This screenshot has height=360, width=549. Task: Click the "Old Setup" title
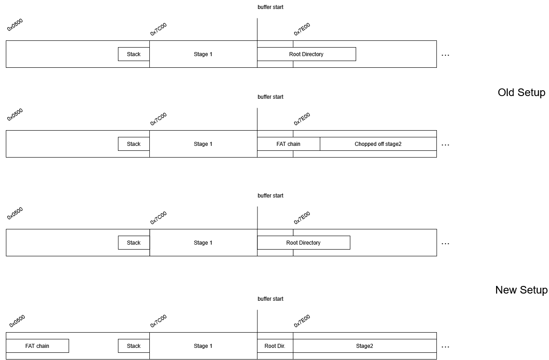click(521, 93)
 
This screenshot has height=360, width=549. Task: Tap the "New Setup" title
click(521, 290)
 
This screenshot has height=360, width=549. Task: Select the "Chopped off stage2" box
click(378, 144)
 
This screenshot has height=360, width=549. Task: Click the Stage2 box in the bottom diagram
click(365, 346)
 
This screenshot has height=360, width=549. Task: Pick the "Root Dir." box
click(275, 346)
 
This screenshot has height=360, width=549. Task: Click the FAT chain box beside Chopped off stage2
click(288, 144)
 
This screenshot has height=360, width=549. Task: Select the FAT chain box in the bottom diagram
click(37, 346)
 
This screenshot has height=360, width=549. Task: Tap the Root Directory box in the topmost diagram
click(306, 54)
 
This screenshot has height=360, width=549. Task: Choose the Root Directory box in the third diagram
click(303, 242)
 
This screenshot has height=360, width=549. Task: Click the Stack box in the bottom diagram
click(134, 346)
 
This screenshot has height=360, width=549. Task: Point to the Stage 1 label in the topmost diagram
click(203, 54)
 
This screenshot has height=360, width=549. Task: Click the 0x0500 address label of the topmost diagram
click(15, 25)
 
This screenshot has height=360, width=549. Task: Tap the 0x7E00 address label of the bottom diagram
click(302, 321)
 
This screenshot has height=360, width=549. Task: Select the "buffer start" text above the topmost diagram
click(270, 7)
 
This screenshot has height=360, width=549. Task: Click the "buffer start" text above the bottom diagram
click(270, 299)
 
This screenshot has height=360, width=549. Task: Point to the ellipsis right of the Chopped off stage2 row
click(445, 145)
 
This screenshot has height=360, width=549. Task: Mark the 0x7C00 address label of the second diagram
click(158, 119)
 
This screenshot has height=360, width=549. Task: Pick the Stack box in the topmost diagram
click(134, 54)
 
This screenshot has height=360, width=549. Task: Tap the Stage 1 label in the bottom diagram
click(203, 346)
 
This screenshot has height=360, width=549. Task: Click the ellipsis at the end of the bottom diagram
click(445, 347)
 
